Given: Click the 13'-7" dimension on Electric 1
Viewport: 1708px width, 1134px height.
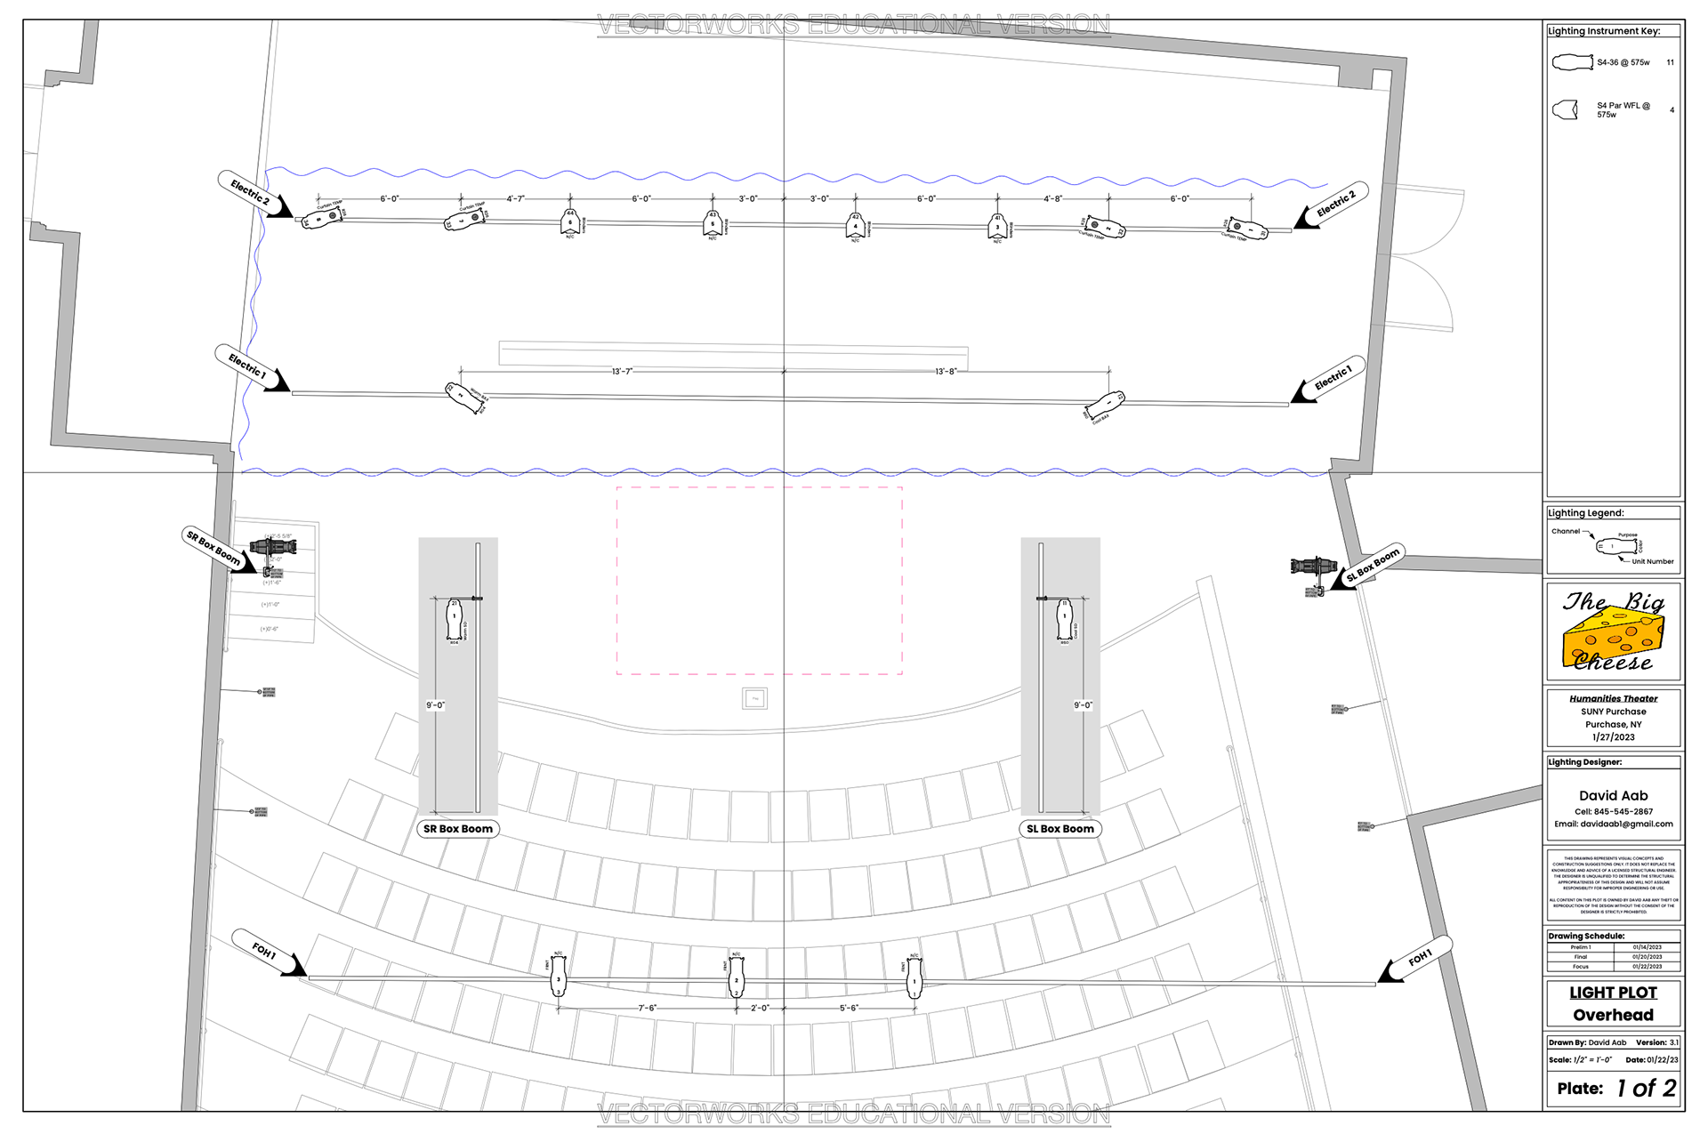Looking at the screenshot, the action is (x=622, y=371).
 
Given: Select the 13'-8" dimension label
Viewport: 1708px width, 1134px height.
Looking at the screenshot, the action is (x=947, y=371).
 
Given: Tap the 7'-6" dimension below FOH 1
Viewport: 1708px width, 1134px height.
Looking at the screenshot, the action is (x=647, y=1008).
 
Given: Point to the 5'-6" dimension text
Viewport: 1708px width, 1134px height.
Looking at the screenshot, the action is (x=850, y=1008).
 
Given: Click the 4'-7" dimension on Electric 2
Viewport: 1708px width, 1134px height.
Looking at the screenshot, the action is (x=516, y=199).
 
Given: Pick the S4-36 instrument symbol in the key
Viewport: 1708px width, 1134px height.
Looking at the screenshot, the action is (x=1572, y=62).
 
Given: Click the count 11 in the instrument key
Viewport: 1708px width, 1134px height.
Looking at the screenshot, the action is (x=1670, y=62).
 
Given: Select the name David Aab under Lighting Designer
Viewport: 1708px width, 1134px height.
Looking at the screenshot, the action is (x=1613, y=795).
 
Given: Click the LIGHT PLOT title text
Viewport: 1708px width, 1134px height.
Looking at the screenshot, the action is (x=1613, y=993).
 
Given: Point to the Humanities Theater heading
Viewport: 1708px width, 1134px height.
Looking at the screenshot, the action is (x=1613, y=698).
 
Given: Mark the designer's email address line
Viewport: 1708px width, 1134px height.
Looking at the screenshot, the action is (x=1613, y=824).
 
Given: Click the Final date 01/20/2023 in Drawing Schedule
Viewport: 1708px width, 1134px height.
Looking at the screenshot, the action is (x=1647, y=957).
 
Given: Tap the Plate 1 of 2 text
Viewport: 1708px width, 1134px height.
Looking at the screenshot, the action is (x=1615, y=1088).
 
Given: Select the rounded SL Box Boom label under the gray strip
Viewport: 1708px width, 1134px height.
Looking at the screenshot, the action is (x=1059, y=829).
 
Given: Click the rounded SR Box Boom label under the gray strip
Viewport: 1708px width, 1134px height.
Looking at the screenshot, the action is (x=457, y=829).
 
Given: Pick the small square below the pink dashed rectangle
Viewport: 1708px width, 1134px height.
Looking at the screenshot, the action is (x=754, y=698).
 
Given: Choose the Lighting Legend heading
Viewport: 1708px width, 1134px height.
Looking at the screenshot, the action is (x=1585, y=513).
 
